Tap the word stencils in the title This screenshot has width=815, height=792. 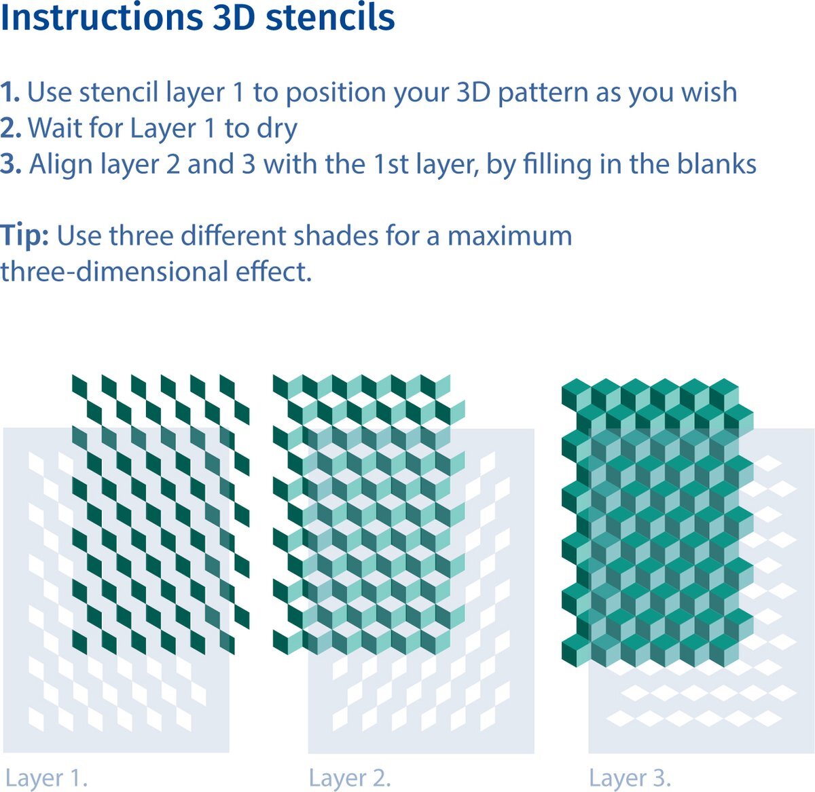(330, 18)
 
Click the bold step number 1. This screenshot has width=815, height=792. (10, 92)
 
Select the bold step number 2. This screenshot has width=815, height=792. (11, 128)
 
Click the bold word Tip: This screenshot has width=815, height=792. (24, 236)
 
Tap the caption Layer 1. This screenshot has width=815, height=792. (46, 778)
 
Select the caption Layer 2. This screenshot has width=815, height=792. (350, 778)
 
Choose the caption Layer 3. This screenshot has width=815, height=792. (630, 778)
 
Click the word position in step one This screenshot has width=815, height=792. (336, 94)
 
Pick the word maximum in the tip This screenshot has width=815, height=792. (509, 237)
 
